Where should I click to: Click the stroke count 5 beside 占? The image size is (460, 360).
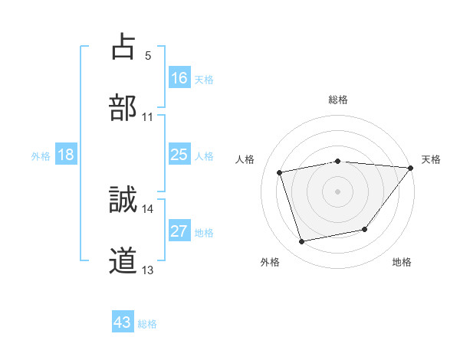[148, 56]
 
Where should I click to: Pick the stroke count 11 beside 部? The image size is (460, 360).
[148, 116]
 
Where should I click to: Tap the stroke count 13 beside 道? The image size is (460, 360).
[148, 270]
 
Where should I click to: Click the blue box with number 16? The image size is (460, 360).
[179, 78]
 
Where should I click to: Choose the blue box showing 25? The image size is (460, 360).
[179, 155]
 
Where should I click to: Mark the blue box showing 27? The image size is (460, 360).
[179, 231]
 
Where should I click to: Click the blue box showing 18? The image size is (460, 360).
[66, 155]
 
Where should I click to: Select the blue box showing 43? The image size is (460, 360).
[123, 322]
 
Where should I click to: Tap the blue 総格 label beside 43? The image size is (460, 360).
[147, 324]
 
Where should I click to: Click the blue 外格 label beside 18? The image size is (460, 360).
[41, 156]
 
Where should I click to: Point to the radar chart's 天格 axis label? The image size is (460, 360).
[431, 159]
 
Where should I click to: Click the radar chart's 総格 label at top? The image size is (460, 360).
[337, 100]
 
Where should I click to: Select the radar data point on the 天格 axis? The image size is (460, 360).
[411, 168]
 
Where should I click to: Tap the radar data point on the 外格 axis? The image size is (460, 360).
[302, 242]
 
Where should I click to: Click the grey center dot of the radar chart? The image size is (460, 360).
[337, 191]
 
